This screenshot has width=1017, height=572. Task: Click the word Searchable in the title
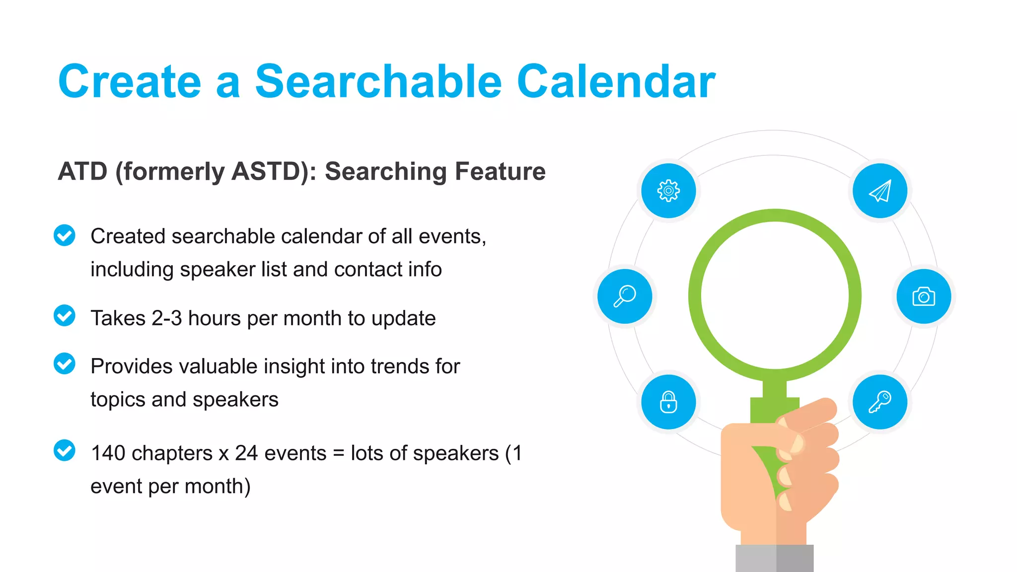tap(378, 82)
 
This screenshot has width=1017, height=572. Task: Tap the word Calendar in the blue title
tap(616, 82)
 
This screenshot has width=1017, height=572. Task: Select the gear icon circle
tap(668, 191)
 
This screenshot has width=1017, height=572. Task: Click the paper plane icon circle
tap(880, 191)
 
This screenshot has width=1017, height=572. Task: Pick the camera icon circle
tap(924, 296)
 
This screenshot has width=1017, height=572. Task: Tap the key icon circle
tap(880, 402)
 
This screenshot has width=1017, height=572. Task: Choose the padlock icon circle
tap(668, 402)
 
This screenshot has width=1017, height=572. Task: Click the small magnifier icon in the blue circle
tap(625, 296)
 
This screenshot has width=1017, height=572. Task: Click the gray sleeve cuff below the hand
tap(775, 558)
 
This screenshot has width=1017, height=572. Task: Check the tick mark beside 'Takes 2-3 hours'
tap(65, 316)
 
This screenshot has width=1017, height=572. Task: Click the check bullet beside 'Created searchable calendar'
tap(65, 235)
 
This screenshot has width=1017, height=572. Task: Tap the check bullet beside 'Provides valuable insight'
tap(65, 364)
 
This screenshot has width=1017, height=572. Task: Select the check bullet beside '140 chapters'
tap(65, 451)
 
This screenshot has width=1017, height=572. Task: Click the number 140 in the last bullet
tap(108, 453)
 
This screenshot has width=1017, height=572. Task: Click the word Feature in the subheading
tap(500, 172)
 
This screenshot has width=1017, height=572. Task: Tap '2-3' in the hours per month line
tap(167, 318)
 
